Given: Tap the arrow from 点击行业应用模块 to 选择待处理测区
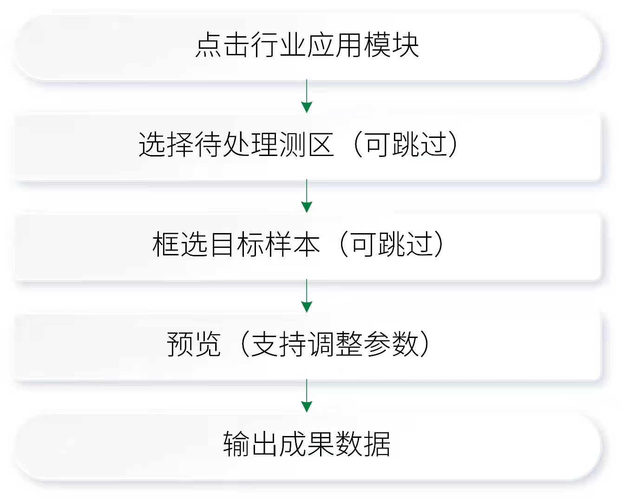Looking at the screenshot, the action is [x=307, y=96].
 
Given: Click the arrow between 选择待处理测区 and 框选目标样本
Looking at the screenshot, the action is [x=307, y=196].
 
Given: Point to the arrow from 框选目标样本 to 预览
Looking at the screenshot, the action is [x=307, y=296].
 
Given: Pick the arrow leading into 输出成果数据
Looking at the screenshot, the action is [x=307, y=396].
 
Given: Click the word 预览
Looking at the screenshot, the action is [x=194, y=344].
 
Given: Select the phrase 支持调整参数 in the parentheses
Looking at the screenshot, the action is [x=335, y=344].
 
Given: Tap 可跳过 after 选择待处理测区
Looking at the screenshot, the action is [x=406, y=144].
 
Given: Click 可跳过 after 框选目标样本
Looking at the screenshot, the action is [x=392, y=244].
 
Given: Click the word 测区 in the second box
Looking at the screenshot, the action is [x=307, y=144].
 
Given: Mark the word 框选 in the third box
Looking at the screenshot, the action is [x=180, y=244].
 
